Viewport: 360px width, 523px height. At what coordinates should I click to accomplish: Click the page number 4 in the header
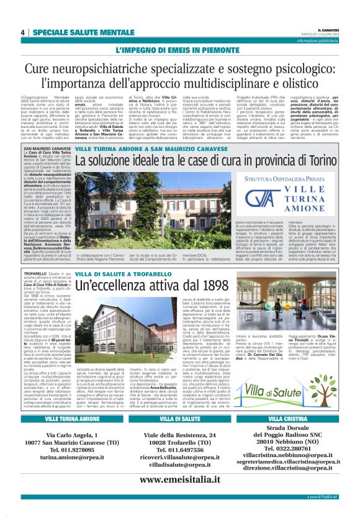22,32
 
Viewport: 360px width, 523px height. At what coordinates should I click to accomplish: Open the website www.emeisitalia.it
179,480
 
